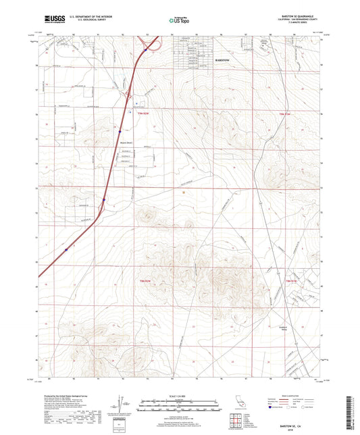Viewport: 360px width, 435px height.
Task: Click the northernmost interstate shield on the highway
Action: tap(145, 49)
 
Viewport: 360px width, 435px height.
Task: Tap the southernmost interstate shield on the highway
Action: tap(66, 249)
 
